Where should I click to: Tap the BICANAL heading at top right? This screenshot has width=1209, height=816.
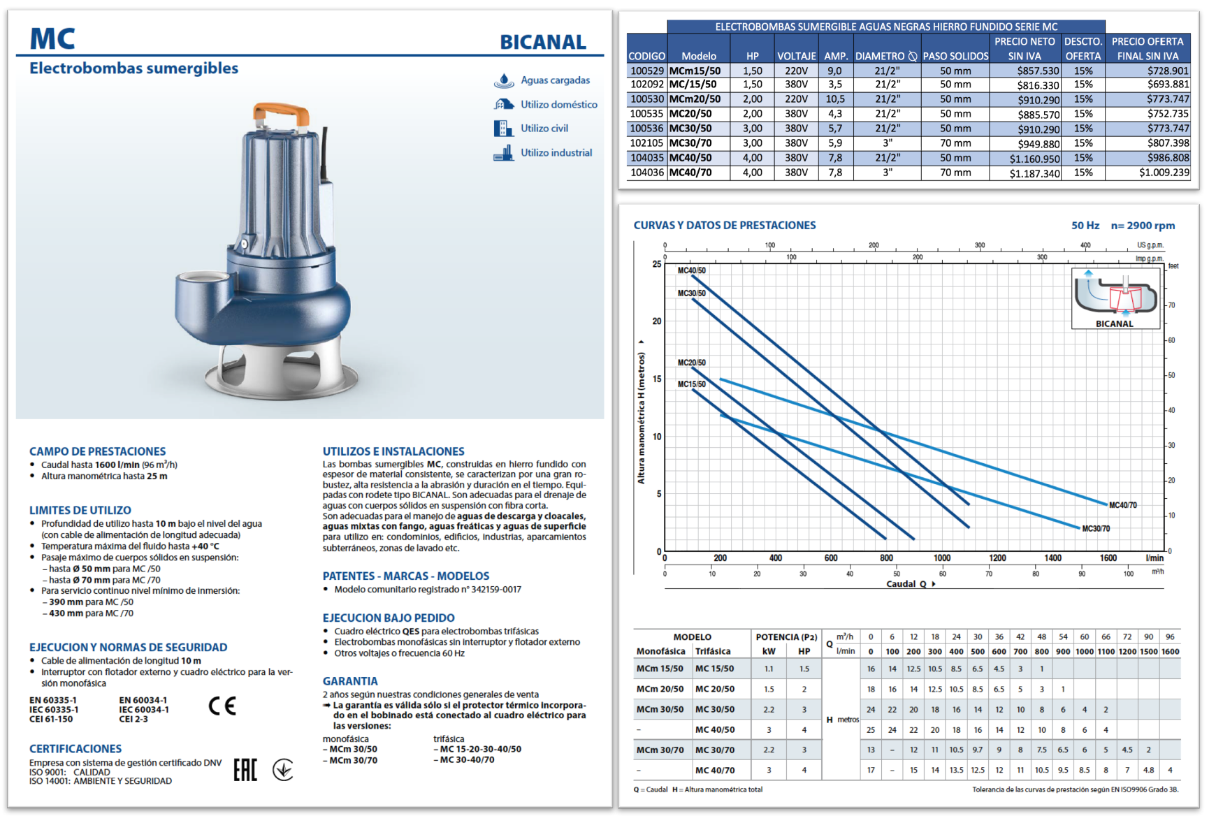(x=543, y=42)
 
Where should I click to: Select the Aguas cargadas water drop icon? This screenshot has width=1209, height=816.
(x=504, y=80)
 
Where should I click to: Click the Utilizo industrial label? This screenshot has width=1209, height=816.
(x=556, y=152)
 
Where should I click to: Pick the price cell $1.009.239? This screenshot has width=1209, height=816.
(x=1164, y=173)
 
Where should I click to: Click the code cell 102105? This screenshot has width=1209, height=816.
(x=646, y=143)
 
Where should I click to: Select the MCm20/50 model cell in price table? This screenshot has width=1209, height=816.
(x=695, y=99)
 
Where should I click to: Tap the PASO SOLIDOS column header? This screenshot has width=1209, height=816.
(x=955, y=56)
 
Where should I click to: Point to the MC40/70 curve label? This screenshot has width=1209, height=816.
(x=1123, y=505)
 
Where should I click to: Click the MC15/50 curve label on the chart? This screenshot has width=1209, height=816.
(x=692, y=384)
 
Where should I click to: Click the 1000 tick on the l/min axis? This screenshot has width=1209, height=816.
(x=942, y=558)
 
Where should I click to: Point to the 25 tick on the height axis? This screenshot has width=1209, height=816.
(x=657, y=264)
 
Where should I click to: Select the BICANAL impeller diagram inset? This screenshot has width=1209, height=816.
(x=1115, y=298)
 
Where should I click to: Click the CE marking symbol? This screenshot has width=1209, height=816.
(x=222, y=706)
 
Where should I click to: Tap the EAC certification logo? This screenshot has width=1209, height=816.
(x=245, y=770)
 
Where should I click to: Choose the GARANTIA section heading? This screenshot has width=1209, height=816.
(x=350, y=681)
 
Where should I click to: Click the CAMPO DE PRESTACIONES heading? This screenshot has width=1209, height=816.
(x=98, y=451)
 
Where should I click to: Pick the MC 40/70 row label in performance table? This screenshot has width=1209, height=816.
(x=714, y=770)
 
